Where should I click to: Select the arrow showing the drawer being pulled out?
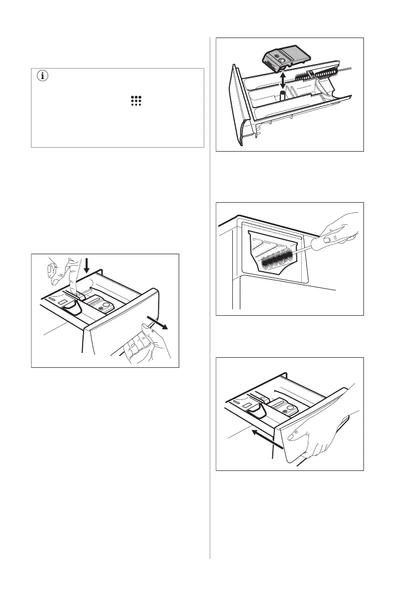[160, 322]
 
